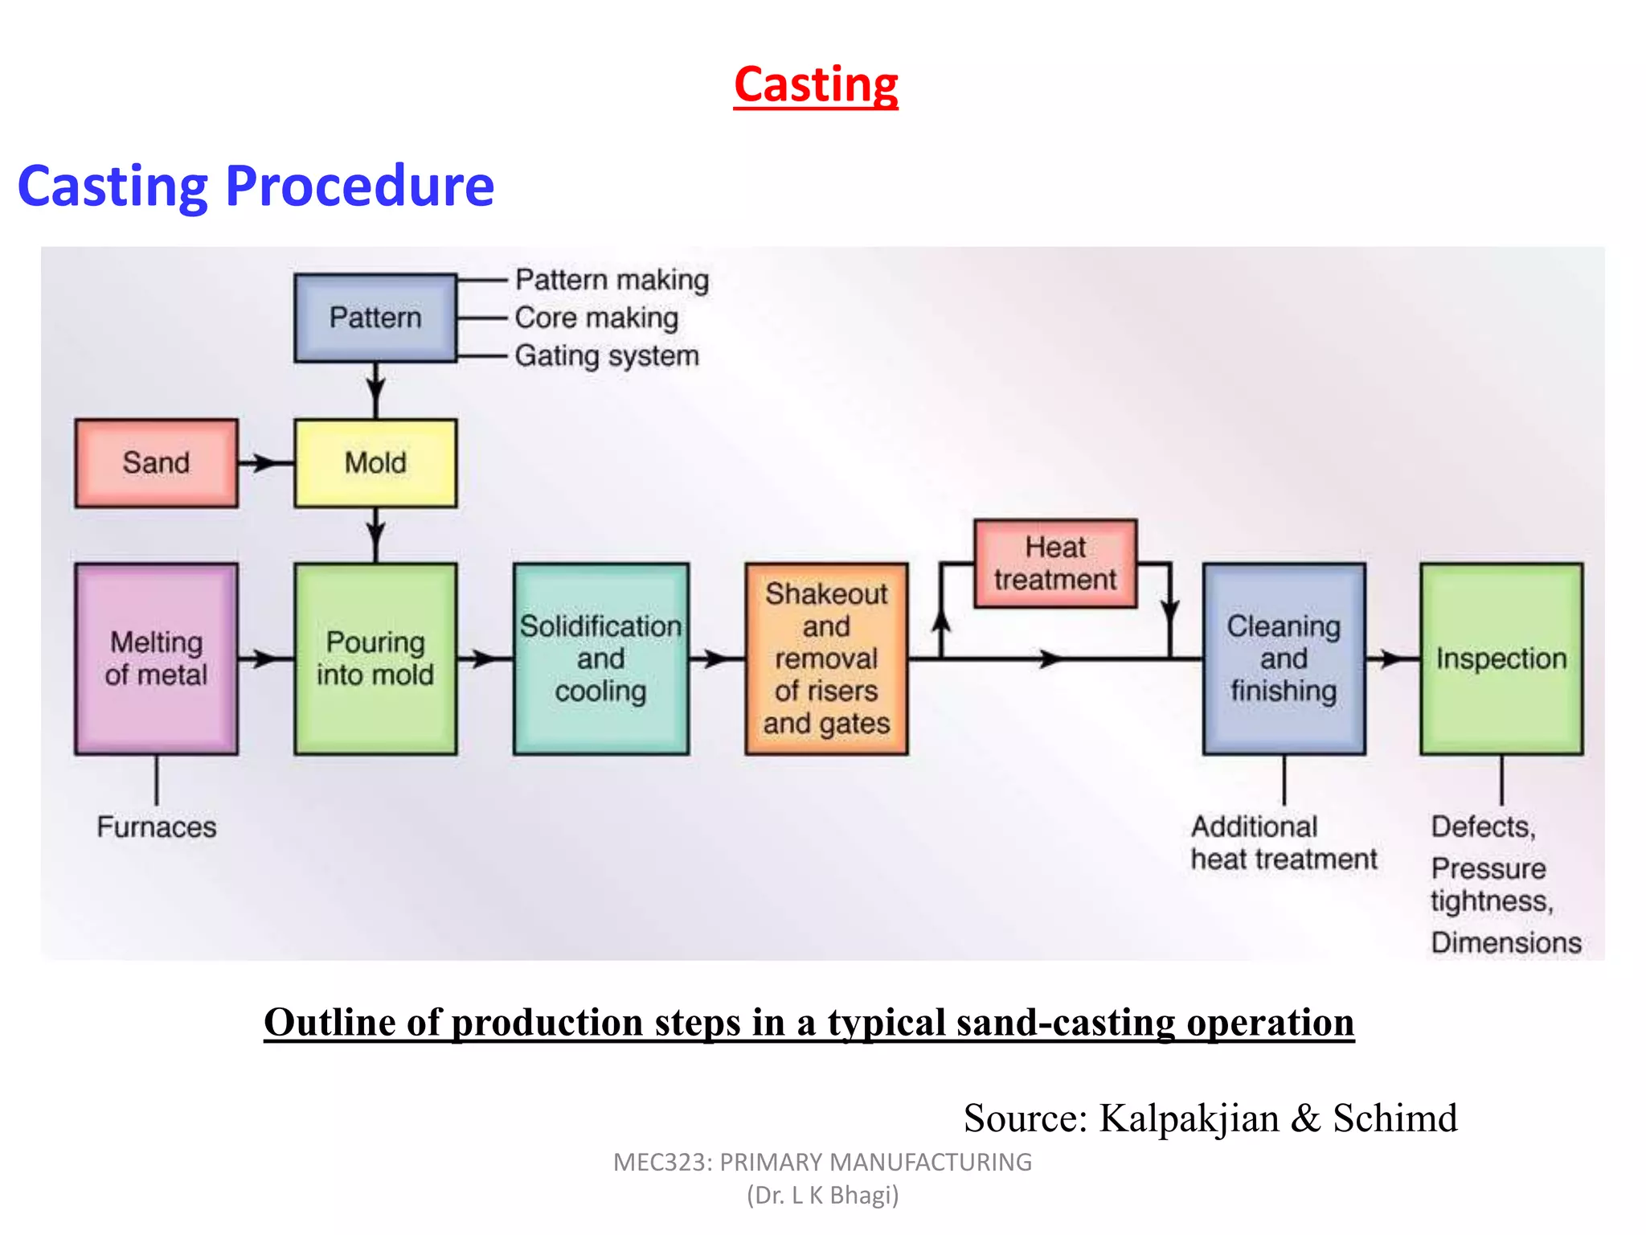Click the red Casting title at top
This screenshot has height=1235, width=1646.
tap(816, 84)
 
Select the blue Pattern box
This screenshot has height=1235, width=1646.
tap(375, 318)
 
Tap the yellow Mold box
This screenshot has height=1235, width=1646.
tap(375, 463)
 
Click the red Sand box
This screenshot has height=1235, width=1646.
tap(156, 463)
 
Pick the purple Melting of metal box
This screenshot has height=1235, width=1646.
tap(156, 659)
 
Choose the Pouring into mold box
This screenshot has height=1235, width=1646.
tap(375, 659)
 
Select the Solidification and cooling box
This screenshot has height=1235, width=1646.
tap(600, 659)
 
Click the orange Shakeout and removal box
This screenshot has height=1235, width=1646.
tap(826, 659)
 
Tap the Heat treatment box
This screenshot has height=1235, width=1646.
tap(1055, 564)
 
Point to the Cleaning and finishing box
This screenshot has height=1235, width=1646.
tap(1284, 659)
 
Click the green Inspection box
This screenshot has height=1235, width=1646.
tap(1501, 659)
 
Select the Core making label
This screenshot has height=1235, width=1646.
tap(596, 318)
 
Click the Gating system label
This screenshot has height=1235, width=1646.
tap(607, 356)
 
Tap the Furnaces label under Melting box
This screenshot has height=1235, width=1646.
tap(157, 827)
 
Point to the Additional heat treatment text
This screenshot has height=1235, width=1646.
tap(1284, 843)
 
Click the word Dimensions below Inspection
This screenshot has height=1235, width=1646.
tap(1506, 942)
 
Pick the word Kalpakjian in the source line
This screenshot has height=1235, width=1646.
tap(1189, 1118)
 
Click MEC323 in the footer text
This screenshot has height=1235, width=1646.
tap(661, 1163)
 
